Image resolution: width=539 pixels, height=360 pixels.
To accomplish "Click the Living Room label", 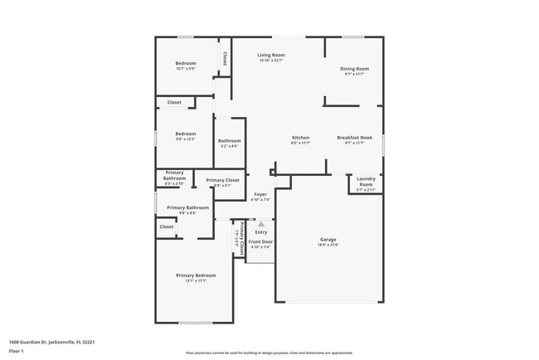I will pos(270,55).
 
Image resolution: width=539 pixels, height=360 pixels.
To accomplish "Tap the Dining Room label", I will pos(354,69).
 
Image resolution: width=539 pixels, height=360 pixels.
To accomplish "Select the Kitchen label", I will pos(300,138).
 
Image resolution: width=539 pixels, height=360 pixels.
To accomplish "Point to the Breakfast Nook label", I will pos(354,138).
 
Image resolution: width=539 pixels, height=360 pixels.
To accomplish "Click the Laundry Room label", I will pos(366,181).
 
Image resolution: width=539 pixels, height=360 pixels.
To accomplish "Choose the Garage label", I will pos(328,240).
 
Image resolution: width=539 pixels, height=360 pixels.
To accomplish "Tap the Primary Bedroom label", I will pos(196,275).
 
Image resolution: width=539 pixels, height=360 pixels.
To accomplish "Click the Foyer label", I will pos(260,194).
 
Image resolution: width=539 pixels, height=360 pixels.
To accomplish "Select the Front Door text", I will pos(260,241).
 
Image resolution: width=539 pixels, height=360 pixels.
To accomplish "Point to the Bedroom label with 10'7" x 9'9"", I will pos(186,64).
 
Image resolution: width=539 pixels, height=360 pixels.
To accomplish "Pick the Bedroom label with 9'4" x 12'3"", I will pos(186,134).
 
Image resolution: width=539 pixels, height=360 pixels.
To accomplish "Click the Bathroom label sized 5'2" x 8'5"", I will pos(230,141).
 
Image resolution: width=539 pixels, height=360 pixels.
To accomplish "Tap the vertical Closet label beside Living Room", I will pos(225,58).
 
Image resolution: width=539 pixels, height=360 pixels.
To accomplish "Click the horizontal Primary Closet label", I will pos(222,180).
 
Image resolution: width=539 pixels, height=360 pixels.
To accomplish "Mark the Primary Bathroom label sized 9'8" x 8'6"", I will pos(187,207).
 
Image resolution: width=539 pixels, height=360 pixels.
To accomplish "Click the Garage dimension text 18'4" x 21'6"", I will pos(328,246).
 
